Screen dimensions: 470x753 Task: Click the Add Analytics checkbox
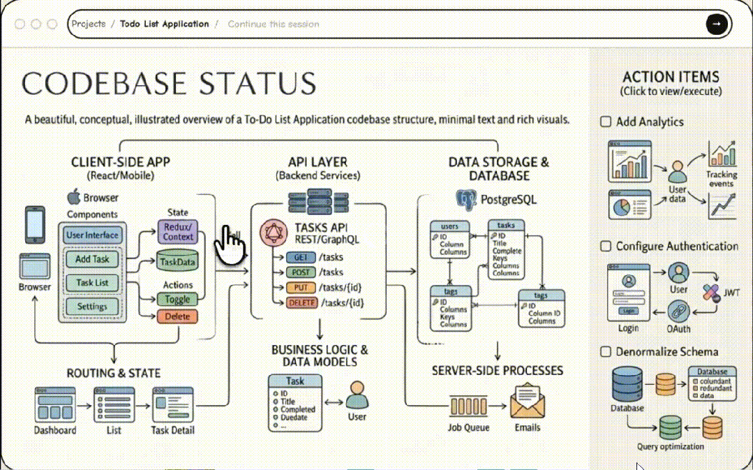click(x=606, y=122)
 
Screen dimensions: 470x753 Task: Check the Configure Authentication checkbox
click(x=606, y=247)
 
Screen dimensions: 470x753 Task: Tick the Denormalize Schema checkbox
click(x=606, y=352)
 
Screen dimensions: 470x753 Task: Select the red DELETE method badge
click(x=301, y=303)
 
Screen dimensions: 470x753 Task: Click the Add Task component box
click(x=91, y=260)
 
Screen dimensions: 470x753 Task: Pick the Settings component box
click(x=91, y=306)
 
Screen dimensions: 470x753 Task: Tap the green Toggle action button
click(x=177, y=299)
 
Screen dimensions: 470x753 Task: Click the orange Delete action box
click(x=177, y=316)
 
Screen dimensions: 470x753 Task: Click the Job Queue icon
click(x=468, y=405)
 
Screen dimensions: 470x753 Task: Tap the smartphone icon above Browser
click(x=34, y=224)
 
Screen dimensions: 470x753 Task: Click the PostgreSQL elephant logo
click(x=466, y=200)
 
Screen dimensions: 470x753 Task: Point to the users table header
click(x=449, y=226)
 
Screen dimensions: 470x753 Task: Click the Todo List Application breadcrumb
click(x=164, y=24)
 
